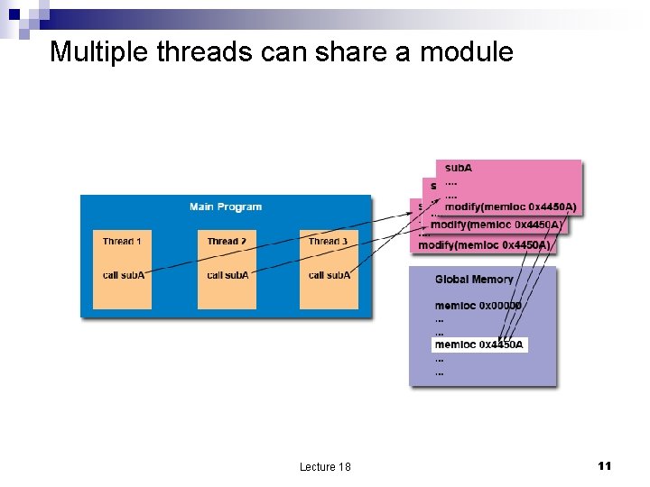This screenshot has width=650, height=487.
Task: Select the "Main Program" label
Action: coord(226,207)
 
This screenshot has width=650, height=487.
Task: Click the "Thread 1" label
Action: coord(122,242)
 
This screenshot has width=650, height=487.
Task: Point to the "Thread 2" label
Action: coord(227,242)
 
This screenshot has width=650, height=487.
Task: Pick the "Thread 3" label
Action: coord(329,242)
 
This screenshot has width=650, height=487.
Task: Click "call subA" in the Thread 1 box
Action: coord(122,275)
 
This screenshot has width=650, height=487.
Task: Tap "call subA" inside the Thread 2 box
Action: coord(227,275)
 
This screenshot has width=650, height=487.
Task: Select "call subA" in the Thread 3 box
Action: coord(329,275)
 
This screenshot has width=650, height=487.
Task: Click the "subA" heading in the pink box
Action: coord(459,168)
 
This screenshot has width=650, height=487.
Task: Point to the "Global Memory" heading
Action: coord(474,280)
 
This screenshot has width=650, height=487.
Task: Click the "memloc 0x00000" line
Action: coord(478,306)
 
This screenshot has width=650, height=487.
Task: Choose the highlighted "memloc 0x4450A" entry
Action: coord(478,345)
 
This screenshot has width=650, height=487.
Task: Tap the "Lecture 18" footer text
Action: coord(325,466)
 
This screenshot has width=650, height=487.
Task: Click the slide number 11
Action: coord(605,465)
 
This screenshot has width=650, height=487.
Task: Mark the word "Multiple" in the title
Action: coord(99,52)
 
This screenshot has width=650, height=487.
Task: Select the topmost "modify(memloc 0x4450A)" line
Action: coord(510,207)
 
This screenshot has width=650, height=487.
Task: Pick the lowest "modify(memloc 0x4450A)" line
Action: coord(485,244)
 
